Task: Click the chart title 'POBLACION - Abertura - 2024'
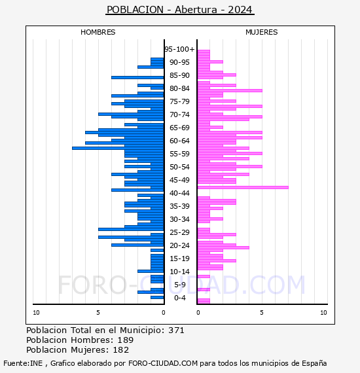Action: point(179,10)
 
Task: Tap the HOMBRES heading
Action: point(98,32)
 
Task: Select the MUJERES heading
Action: point(262,32)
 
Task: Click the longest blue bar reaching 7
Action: point(118,148)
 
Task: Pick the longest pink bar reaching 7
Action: point(243,187)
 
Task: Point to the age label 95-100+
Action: point(179,49)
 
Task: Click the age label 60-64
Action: point(179,141)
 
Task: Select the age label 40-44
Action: point(179,193)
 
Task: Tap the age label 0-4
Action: point(179,298)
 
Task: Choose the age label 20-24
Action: point(179,245)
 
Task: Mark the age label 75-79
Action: point(179,101)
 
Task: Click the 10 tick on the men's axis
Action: point(36,313)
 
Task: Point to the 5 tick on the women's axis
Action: point(262,313)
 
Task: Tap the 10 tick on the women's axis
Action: point(323,313)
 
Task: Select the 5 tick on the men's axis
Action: point(98,313)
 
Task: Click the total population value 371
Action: point(176,330)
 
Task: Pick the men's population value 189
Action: point(126,340)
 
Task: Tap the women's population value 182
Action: point(121,349)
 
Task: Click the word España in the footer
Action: point(314,363)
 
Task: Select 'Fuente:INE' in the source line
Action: point(23,363)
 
